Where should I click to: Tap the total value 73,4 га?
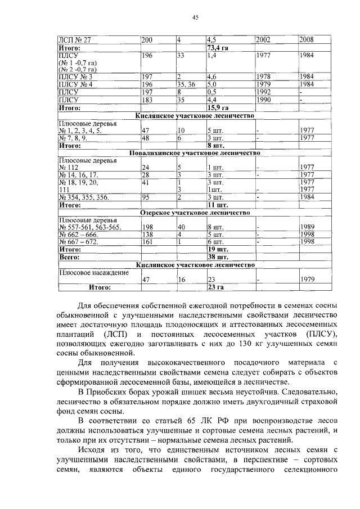pos(217,48)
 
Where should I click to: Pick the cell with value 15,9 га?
pos(217,107)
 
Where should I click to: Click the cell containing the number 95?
pos(146,197)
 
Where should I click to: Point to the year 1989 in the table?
pos(307,227)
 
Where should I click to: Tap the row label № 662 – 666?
pos(79,235)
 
